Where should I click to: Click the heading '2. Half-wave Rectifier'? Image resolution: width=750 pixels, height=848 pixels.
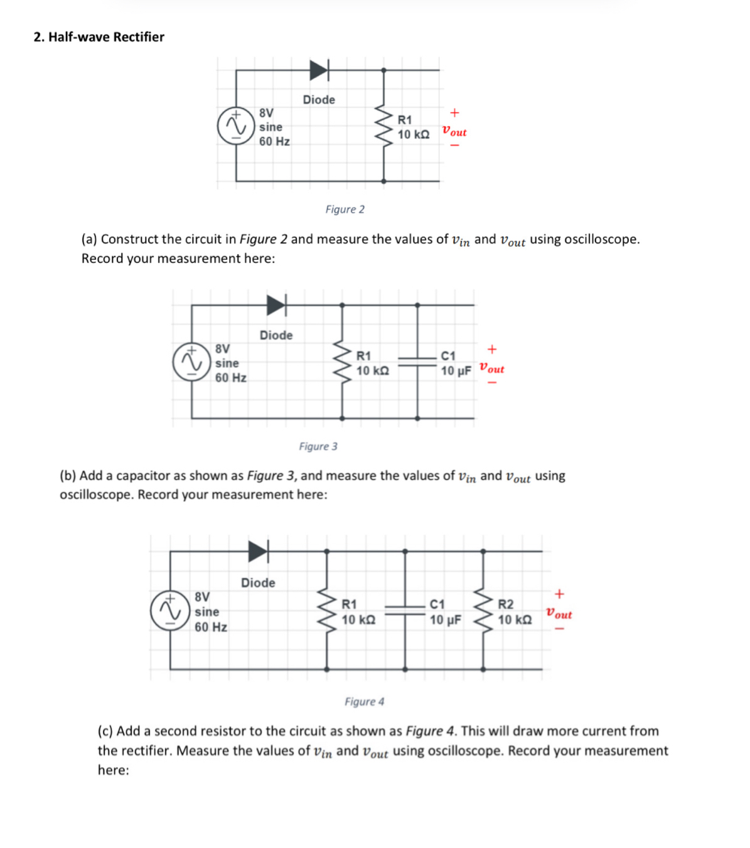99,37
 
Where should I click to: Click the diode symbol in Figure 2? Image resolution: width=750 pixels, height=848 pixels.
319,70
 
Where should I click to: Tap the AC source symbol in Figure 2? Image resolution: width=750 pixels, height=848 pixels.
235,126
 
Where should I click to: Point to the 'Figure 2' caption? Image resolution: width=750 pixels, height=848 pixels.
345,210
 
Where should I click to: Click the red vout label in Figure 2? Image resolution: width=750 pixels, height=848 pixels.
454,132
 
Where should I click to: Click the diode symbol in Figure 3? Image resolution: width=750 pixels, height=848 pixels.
276,305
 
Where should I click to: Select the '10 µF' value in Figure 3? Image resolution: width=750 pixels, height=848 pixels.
456,371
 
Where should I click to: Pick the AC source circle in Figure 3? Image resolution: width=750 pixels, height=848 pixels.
191,362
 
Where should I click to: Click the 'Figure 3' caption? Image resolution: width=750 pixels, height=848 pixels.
318,446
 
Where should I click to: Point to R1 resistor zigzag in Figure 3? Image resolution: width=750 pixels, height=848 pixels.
342,362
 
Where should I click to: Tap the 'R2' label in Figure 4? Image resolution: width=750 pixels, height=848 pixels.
505,604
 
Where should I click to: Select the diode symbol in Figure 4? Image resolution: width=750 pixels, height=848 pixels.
258,551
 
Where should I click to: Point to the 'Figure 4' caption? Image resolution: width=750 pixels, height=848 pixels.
364,702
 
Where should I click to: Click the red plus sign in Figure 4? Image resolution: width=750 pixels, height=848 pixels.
559,593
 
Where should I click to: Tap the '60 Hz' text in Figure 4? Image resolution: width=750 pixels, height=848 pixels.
211,627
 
